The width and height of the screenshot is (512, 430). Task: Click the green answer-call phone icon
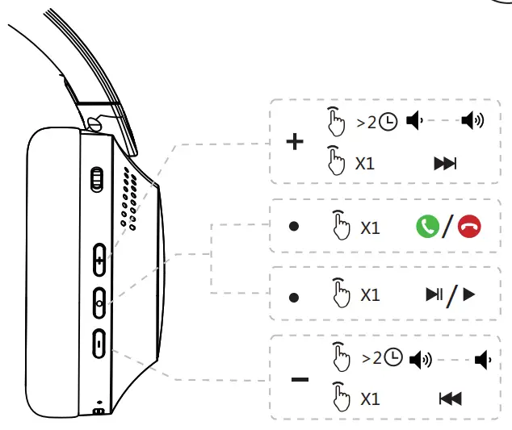tap(427, 226)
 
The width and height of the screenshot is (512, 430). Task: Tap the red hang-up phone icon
tap(469, 226)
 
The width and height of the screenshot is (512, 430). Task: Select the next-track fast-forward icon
tap(445, 164)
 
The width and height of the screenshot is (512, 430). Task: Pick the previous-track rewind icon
tap(451, 399)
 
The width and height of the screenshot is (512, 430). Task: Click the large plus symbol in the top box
tap(295, 142)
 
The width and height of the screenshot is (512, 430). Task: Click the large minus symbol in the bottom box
tap(300, 379)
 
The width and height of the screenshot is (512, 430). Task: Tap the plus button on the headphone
tap(99, 260)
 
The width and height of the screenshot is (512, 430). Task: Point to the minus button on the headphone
tap(99, 344)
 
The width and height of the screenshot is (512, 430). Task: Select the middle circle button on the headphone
tap(99, 303)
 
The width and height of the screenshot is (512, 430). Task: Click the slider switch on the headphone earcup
tap(97, 179)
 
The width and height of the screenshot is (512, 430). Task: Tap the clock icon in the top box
tap(388, 122)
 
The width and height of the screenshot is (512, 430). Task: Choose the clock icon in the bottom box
tap(393, 357)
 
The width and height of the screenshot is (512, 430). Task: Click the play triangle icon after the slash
tap(468, 294)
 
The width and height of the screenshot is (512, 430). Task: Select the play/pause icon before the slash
tap(434, 294)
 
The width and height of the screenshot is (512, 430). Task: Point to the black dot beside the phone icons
tap(294, 226)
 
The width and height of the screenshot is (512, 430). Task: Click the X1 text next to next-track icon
tap(365, 164)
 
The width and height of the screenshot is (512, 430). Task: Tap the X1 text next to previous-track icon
tap(370, 399)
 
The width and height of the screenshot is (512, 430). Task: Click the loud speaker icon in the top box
tap(472, 120)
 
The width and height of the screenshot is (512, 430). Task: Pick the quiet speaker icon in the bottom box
tap(483, 360)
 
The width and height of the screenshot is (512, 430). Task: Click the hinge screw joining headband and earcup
tap(94, 124)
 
